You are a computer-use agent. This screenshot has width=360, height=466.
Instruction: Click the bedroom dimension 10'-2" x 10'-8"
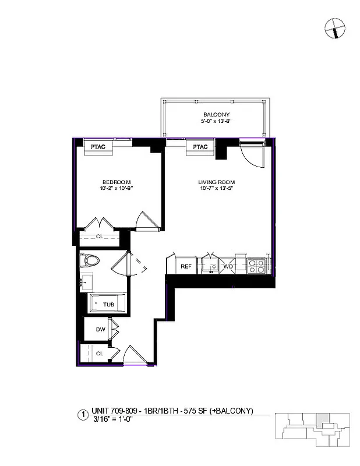[115, 188]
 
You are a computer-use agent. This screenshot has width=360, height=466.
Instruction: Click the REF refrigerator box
[186, 266]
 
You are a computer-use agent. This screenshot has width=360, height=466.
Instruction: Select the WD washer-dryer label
[228, 266]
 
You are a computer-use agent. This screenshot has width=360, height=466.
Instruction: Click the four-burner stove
[257, 266]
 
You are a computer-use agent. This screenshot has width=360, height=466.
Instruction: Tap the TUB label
[108, 305]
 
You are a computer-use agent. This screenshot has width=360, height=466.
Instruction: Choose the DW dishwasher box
[100, 330]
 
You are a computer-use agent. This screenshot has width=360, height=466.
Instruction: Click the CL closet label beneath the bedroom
[100, 236]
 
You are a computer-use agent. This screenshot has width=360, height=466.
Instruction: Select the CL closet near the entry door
[100, 353]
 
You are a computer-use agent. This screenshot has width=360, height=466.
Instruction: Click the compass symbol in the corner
[335, 27]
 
